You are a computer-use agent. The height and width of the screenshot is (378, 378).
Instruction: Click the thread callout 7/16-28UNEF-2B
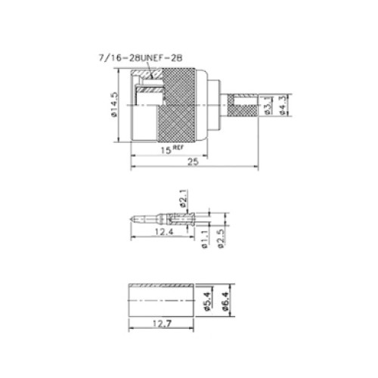(141, 58)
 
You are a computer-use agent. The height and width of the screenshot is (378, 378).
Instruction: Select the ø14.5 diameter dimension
(114, 104)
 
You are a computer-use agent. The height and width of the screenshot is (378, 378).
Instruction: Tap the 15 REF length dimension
(172, 150)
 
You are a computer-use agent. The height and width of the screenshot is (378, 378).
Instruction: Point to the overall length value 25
(194, 162)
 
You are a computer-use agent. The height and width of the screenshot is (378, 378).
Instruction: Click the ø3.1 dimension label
(268, 105)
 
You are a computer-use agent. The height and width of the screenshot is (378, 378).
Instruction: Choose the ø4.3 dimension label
(283, 105)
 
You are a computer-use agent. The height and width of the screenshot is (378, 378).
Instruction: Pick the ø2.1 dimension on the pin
(184, 198)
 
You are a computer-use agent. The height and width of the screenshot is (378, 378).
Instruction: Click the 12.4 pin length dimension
(164, 231)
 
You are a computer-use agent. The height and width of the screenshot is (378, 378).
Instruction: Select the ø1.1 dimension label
(205, 239)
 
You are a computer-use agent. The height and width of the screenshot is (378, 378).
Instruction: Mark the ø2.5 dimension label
(221, 239)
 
